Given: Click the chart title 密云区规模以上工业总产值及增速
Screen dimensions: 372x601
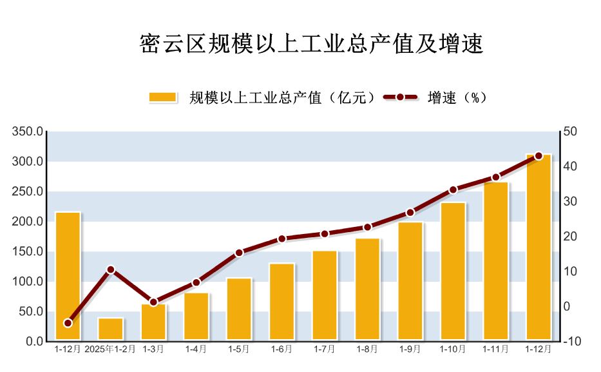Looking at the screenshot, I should (x=311, y=44).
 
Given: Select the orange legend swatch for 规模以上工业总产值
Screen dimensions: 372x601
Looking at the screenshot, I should (x=162, y=97).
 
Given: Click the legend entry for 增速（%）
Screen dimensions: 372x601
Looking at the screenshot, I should (x=435, y=97).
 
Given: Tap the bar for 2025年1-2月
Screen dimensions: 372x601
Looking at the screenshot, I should (x=110, y=329).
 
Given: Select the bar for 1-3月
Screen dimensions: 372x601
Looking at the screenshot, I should (x=153, y=322).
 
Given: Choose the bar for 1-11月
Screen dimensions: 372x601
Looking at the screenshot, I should (x=496, y=260).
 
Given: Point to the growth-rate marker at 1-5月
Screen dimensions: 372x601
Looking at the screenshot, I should (x=239, y=253).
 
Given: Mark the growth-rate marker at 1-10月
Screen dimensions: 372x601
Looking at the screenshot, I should (x=453, y=190).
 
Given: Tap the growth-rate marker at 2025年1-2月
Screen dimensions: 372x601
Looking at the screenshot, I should (x=111, y=269).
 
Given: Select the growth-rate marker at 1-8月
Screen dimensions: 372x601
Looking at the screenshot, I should (x=367, y=227).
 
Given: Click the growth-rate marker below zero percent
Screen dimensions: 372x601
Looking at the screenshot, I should (x=68, y=323).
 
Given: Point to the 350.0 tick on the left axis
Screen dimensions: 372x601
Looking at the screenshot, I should (x=28, y=132).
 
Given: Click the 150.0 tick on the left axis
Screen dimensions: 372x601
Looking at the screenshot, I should (x=28, y=251).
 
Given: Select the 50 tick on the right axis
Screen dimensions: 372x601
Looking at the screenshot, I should (x=570, y=132).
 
